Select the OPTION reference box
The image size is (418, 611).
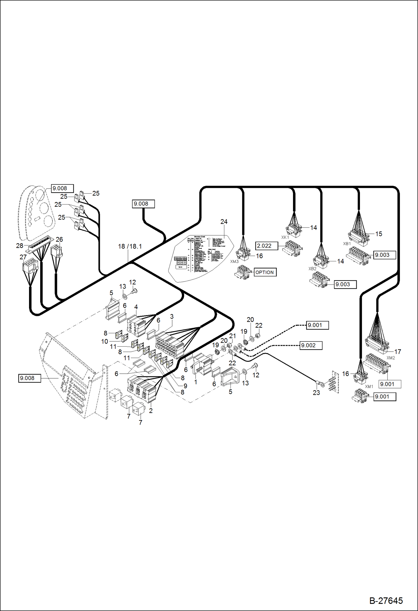click(265, 272)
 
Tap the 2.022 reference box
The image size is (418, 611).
click(266, 246)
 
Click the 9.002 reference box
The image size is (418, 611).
click(311, 345)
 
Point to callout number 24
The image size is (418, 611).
click(224, 221)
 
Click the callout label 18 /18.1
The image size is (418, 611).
click(130, 246)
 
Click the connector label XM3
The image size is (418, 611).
click(234, 261)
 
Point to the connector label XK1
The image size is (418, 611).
click(285, 237)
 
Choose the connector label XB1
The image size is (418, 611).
click(347, 244)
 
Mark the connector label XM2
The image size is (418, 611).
click(391, 358)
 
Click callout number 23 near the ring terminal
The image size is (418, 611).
click(316, 393)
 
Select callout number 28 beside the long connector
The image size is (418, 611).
click(20, 245)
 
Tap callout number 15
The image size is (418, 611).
click(379, 234)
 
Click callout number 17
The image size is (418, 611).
click(398, 352)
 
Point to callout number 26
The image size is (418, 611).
click(59, 239)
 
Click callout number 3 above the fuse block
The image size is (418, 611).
click(172, 317)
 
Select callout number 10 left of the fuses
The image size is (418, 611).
click(104, 341)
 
